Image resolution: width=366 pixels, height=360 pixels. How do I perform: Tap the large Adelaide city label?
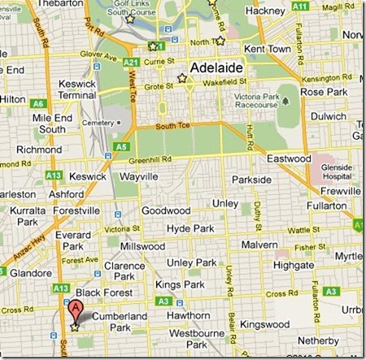[x=216, y=68]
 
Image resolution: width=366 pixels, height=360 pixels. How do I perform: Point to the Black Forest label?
[x=100, y=293]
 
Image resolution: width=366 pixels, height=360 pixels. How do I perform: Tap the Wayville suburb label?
[x=138, y=176]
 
